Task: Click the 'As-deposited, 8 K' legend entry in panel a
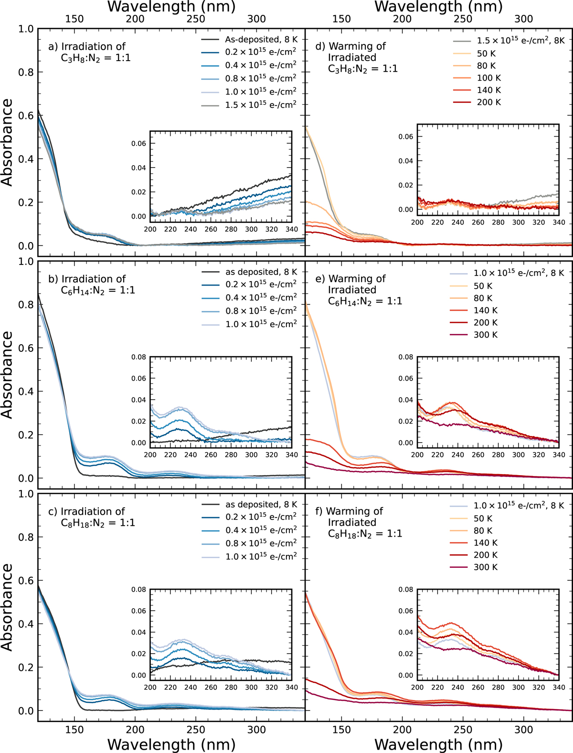click(x=261, y=39)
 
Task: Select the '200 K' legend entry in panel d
click(x=488, y=102)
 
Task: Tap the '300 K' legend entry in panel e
click(x=485, y=335)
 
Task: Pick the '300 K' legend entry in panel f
click(x=485, y=567)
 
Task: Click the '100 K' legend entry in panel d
click(x=488, y=78)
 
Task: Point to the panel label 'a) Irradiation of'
click(x=87, y=46)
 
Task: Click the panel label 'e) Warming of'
click(x=351, y=279)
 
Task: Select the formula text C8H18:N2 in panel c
click(x=98, y=523)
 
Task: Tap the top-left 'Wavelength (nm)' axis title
click(x=171, y=7)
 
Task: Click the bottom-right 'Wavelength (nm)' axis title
click(x=438, y=744)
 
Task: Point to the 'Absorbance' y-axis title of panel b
click(x=7, y=375)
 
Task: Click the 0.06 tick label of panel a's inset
click(x=139, y=144)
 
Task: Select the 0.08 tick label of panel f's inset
click(x=406, y=590)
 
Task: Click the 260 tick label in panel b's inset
click(x=211, y=455)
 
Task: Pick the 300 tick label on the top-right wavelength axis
click(x=523, y=19)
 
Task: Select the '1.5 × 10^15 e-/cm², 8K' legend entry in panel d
click(x=520, y=41)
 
